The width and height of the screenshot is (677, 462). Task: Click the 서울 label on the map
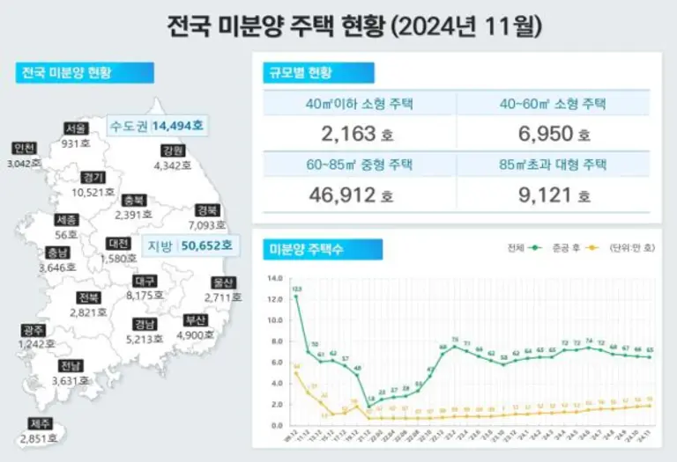click(75, 128)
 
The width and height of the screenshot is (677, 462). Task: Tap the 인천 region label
click(25, 148)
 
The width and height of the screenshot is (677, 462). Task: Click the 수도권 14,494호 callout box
click(156, 126)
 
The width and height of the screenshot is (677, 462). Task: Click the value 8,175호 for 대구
click(145, 296)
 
